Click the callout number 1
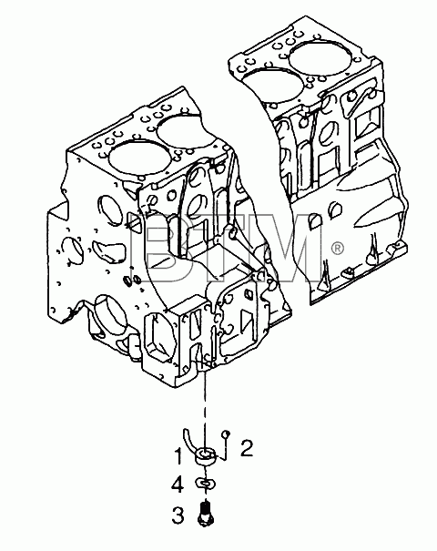(178, 456)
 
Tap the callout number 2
(247, 448)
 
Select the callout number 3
(178, 515)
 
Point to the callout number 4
(178, 485)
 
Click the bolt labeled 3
(206, 514)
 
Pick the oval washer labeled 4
(205, 484)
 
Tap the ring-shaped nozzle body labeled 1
(206, 457)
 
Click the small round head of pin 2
(226, 434)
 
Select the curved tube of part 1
(189, 441)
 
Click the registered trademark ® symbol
(337, 249)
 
